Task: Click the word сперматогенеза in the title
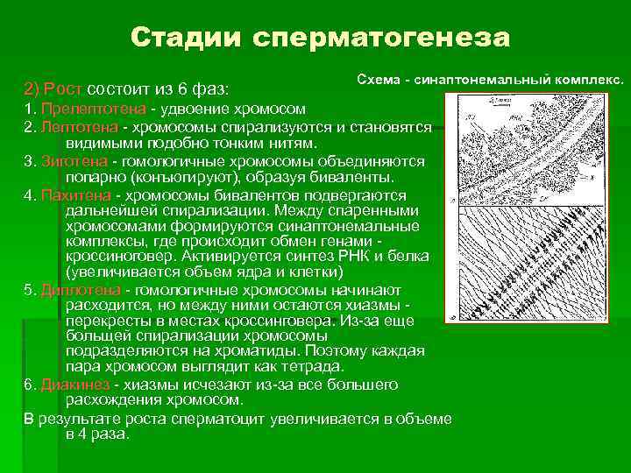point(381,38)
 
